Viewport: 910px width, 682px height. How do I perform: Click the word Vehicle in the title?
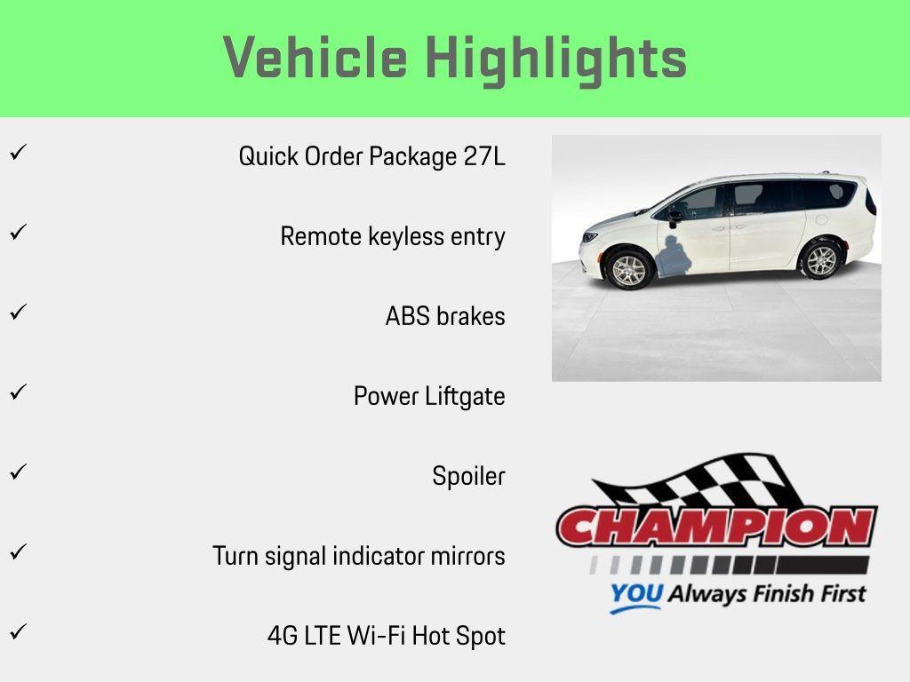click(315, 59)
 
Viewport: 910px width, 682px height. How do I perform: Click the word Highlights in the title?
click(556, 59)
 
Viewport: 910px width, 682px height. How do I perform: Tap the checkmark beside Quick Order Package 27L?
click(17, 152)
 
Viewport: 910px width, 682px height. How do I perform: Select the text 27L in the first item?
click(484, 156)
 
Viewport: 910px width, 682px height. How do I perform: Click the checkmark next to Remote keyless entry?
click(17, 232)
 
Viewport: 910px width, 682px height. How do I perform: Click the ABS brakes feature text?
click(445, 316)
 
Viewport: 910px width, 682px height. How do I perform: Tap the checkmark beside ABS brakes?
click(17, 312)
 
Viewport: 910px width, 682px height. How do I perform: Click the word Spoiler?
click(468, 476)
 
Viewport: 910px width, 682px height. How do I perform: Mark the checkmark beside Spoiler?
click(17, 472)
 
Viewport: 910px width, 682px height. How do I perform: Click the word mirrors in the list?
click(467, 556)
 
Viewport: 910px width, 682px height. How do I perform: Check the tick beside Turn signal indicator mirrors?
click(17, 551)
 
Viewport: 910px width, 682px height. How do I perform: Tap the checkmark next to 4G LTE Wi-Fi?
click(17, 631)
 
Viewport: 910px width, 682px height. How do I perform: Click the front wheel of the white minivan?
click(629, 268)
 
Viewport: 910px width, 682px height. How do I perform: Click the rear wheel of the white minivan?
click(820, 260)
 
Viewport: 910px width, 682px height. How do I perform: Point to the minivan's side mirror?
click(675, 215)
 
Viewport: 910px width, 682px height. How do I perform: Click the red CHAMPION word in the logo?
click(716, 527)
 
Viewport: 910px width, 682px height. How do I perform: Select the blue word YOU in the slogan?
click(635, 594)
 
